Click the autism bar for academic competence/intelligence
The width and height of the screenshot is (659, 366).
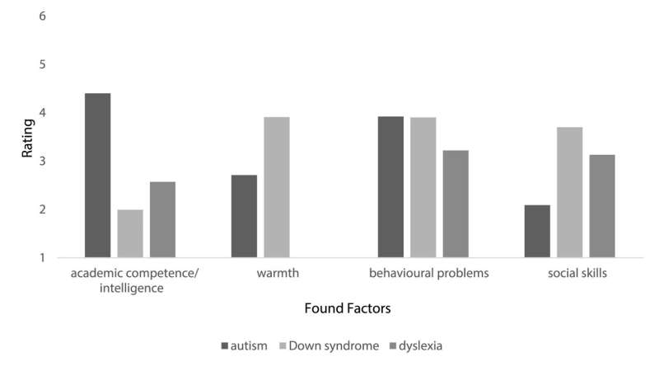[x=97, y=176]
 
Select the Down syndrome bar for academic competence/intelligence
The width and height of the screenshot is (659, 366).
[x=130, y=234]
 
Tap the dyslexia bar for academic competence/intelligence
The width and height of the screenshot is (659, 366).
[x=162, y=220]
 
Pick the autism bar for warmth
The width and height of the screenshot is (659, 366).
[x=244, y=217]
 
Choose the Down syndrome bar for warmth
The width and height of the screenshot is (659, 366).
[x=277, y=188]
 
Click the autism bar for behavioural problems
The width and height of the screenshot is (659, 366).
[x=390, y=187]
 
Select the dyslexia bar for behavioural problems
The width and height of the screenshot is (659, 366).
[x=456, y=204]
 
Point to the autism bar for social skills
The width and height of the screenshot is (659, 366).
[x=537, y=232]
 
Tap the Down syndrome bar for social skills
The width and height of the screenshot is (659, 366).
[x=569, y=193]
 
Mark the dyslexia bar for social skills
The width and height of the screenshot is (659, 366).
[x=602, y=207]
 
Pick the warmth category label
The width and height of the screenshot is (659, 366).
[x=259, y=274]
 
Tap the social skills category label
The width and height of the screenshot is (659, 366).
[x=569, y=274]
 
